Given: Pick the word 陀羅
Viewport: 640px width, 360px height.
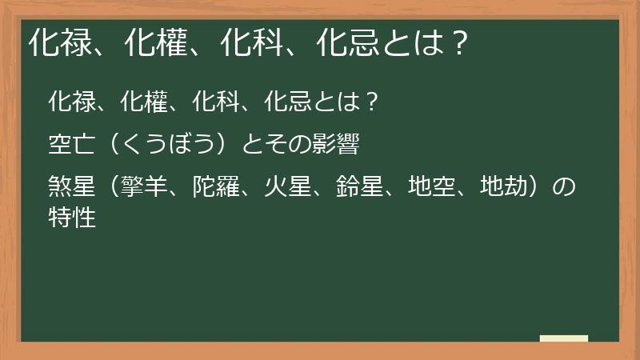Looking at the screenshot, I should coord(217,189).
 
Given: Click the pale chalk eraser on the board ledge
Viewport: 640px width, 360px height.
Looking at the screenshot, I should coord(564,338).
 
